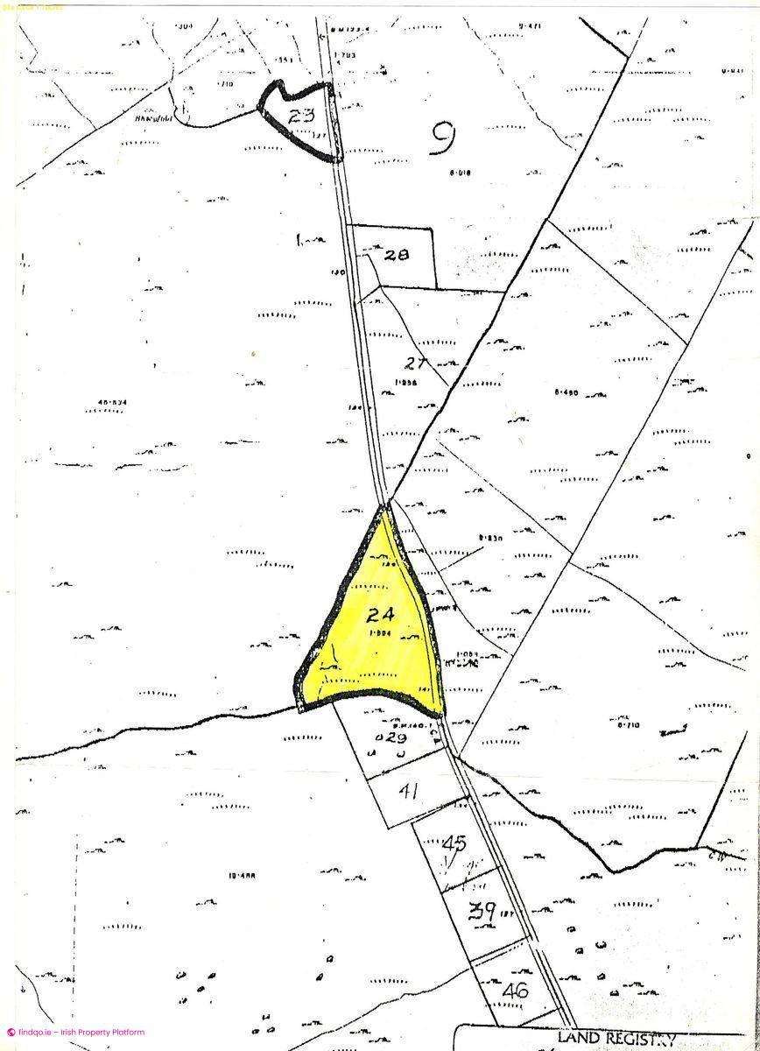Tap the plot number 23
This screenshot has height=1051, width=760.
pos(301,114)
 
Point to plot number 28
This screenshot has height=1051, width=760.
pos(398,255)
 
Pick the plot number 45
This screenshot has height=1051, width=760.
pos(454,844)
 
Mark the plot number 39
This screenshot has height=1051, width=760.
pos(483,911)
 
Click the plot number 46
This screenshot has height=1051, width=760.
pos(517,991)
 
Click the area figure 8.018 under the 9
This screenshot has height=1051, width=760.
pos(459,173)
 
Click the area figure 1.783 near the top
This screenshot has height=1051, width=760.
pos(348,56)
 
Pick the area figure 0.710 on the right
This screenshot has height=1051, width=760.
pos(629,725)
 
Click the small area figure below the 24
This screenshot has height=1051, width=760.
pos(378,632)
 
